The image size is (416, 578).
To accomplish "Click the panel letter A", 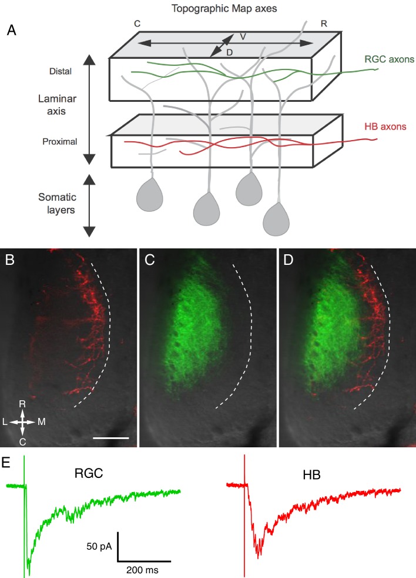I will [12, 31].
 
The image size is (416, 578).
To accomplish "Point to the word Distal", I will [61, 72].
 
